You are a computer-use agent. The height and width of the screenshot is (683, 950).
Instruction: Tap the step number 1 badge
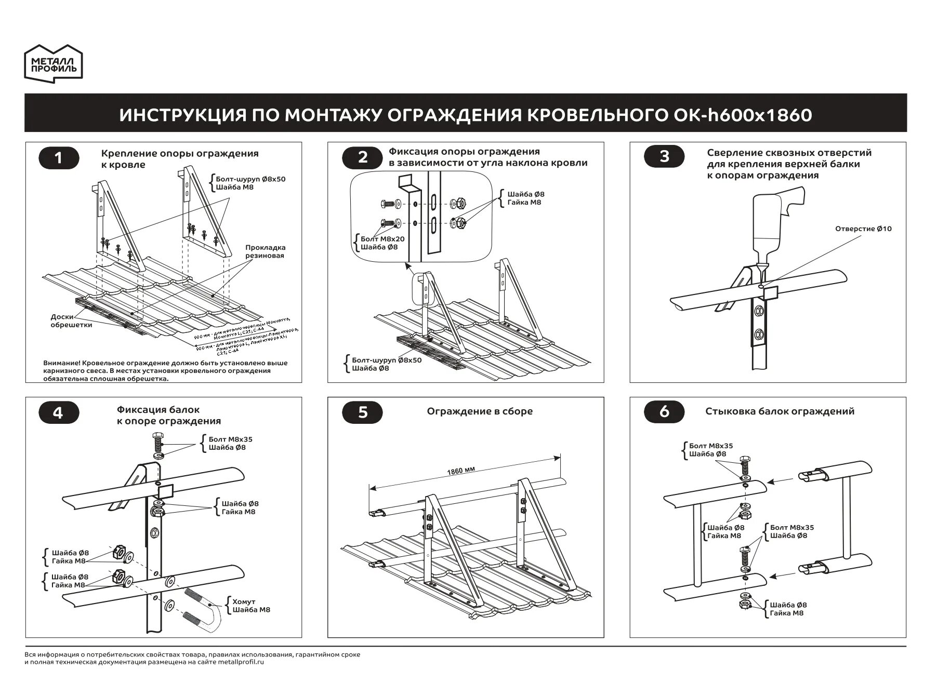(x=59, y=157)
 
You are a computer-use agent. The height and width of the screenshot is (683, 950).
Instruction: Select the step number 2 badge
(x=363, y=157)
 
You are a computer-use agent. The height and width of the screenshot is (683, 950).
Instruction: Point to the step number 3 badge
(x=664, y=156)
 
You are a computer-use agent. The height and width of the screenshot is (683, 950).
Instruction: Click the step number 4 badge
(x=59, y=413)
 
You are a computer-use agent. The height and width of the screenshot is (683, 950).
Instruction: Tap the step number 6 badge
(x=664, y=411)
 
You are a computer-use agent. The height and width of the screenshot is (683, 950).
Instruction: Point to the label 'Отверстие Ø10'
(x=863, y=229)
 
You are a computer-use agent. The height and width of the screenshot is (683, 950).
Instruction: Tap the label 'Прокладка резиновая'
(x=265, y=251)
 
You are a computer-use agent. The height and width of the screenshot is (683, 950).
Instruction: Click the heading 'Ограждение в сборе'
(x=480, y=411)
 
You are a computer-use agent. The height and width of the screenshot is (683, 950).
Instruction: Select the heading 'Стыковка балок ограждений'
(x=780, y=411)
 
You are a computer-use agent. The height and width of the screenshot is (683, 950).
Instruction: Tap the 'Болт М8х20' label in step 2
(x=382, y=239)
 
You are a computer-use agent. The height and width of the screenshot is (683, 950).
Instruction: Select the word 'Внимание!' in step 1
(x=61, y=363)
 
